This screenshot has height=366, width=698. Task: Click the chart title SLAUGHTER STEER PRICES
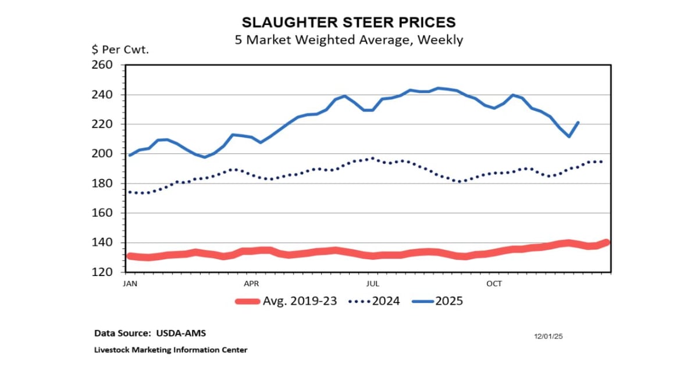tap(348, 22)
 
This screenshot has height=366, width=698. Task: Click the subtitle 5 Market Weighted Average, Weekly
tap(348, 40)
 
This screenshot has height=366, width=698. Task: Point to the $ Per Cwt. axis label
tap(120, 49)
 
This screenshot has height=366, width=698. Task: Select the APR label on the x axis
tap(251, 284)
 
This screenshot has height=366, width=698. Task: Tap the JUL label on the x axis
tap(373, 284)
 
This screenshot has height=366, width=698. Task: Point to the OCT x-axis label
tap(494, 284)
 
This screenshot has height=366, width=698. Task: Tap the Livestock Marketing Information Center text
tap(171, 350)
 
